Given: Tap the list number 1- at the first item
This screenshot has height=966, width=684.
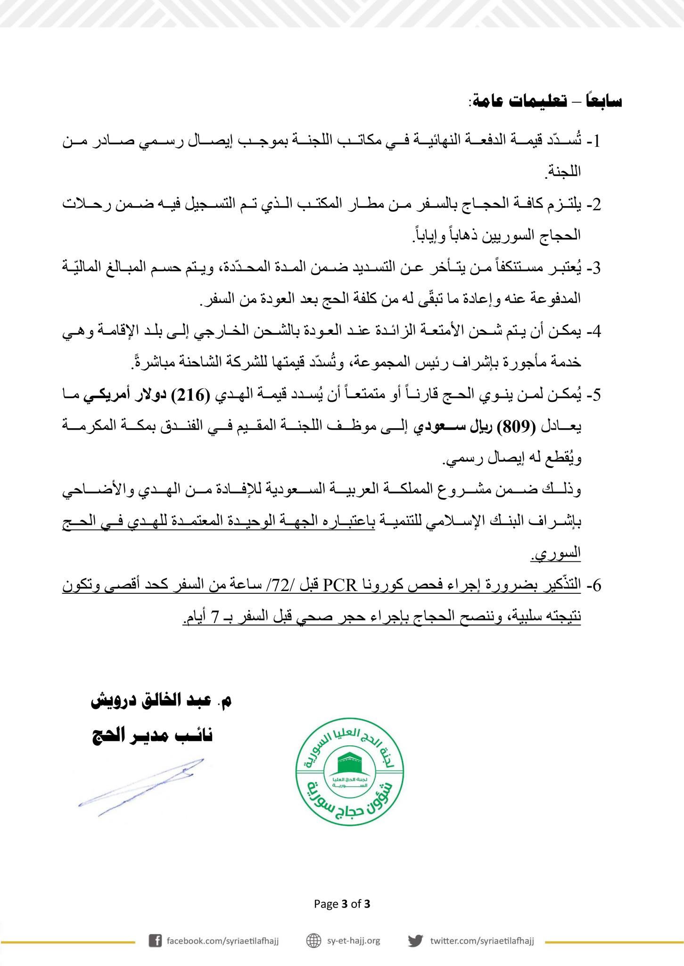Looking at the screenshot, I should (594, 141).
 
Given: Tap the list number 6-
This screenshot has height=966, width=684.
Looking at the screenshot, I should (594, 585).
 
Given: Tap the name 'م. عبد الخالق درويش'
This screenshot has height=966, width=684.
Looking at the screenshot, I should (161, 700).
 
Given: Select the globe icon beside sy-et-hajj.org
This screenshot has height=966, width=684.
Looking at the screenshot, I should (313, 941).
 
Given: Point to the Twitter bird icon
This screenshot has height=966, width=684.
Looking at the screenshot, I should (415, 941).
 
